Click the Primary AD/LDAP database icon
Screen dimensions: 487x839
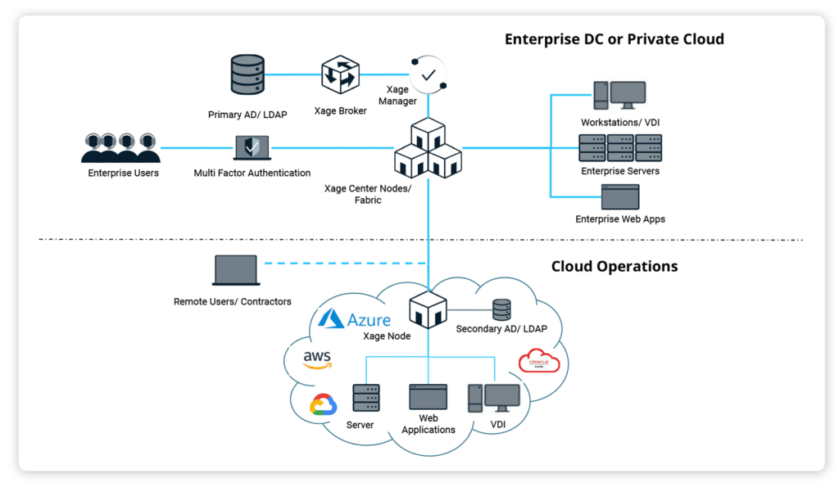click(x=247, y=74)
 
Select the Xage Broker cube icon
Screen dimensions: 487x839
click(x=340, y=74)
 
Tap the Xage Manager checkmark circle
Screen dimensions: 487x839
click(x=428, y=74)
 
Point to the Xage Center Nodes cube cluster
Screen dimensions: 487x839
click(x=428, y=150)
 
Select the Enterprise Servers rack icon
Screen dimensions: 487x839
click(x=619, y=147)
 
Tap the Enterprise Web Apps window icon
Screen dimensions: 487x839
click(x=619, y=197)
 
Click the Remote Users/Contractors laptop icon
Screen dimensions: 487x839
click(x=235, y=272)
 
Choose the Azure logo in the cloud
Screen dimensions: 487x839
click(x=355, y=319)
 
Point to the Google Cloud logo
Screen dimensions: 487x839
click(x=324, y=404)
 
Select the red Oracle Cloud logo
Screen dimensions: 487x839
click(x=538, y=361)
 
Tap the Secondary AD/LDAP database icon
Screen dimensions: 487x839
click(x=501, y=310)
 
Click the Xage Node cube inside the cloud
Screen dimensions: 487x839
click(x=428, y=310)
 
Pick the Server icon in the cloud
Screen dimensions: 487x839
click(x=366, y=398)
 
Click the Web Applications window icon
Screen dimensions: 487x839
click(x=428, y=397)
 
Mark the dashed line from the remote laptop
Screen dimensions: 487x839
click(x=344, y=264)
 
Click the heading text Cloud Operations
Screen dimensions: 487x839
click(x=615, y=267)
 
